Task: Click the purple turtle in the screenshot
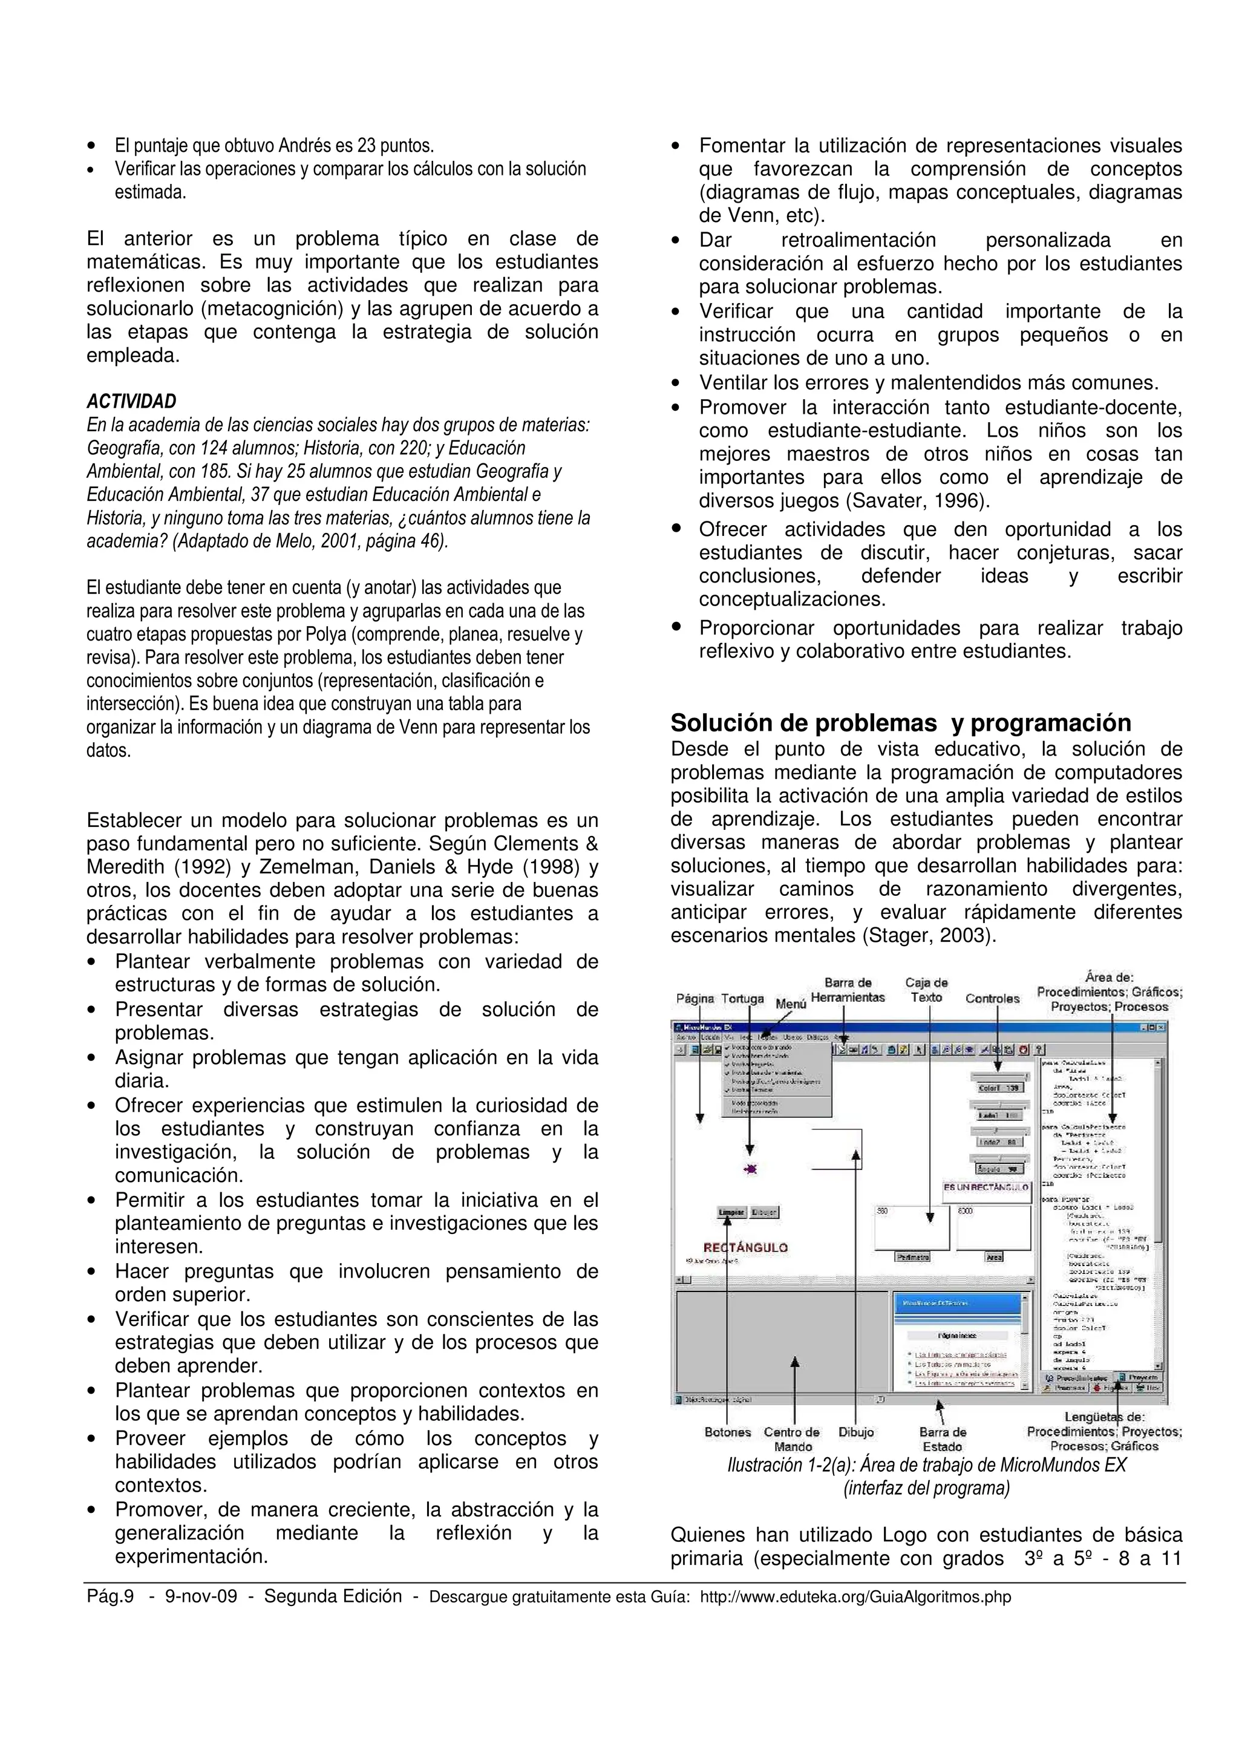point(750,1169)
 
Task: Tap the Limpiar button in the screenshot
point(731,1212)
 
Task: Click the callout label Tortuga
point(742,999)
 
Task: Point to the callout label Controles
point(992,999)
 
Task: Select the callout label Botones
point(728,1432)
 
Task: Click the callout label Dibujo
point(856,1432)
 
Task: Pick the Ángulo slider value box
point(999,1169)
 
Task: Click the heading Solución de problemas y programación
point(901,722)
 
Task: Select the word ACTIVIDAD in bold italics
point(131,402)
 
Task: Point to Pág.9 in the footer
point(110,1596)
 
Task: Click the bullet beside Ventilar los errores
point(675,384)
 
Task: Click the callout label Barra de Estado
point(942,1439)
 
